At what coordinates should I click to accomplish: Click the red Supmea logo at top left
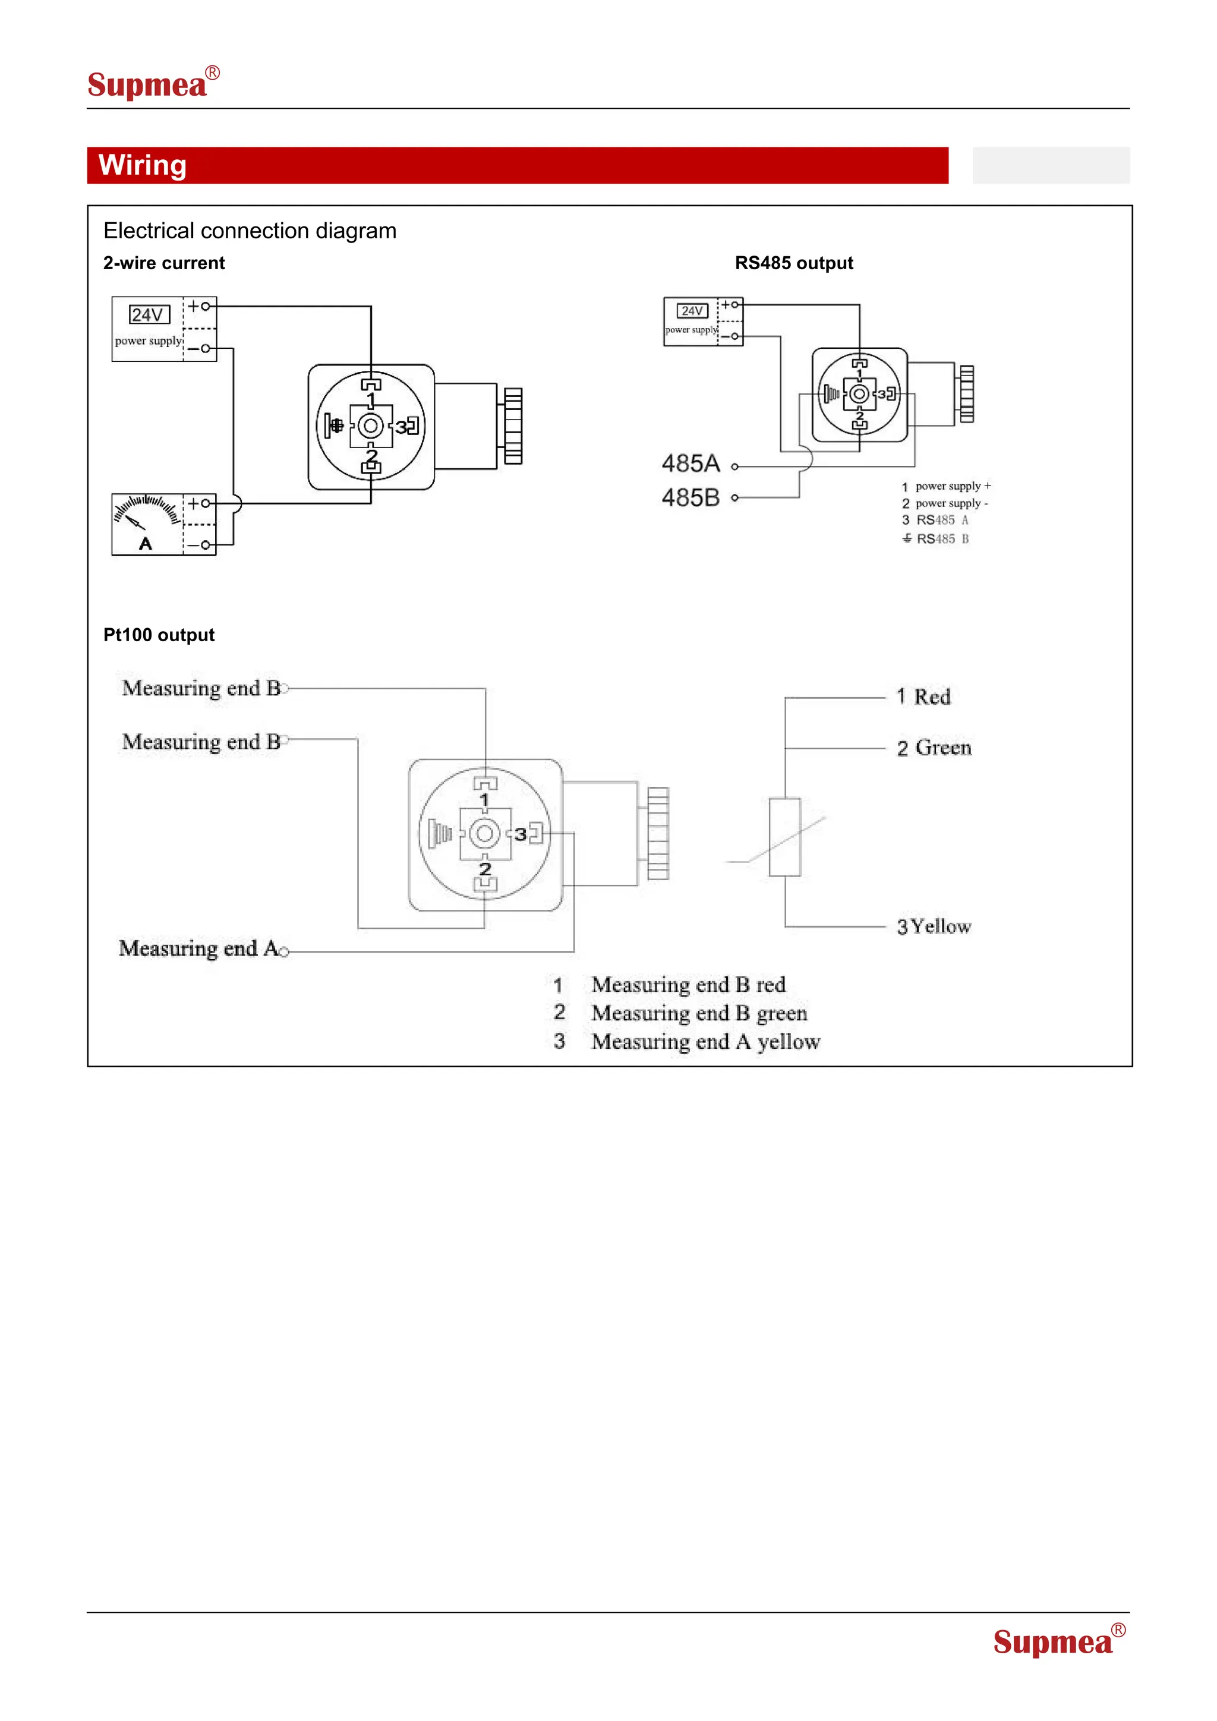[152, 83]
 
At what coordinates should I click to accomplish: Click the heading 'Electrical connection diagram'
[250, 231]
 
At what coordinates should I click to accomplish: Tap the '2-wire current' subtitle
[164, 263]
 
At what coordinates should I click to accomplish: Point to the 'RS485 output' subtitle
[793, 263]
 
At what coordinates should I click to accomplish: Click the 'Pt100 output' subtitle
[159, 635]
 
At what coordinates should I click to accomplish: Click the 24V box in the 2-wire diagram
[149, 315]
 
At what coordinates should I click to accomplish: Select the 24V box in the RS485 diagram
[692, 310]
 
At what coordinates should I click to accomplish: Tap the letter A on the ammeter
[146, 543]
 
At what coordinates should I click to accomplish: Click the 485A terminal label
[690, 464]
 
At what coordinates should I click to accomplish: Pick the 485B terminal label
[690, 498]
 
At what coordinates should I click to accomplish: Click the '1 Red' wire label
[923, 697]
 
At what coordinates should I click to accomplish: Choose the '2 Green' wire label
[934, 748]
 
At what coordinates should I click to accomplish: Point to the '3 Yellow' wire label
[934, 927]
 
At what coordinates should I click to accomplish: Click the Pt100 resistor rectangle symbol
[784, 837]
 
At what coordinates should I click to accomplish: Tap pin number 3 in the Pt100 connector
[520, 834]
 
